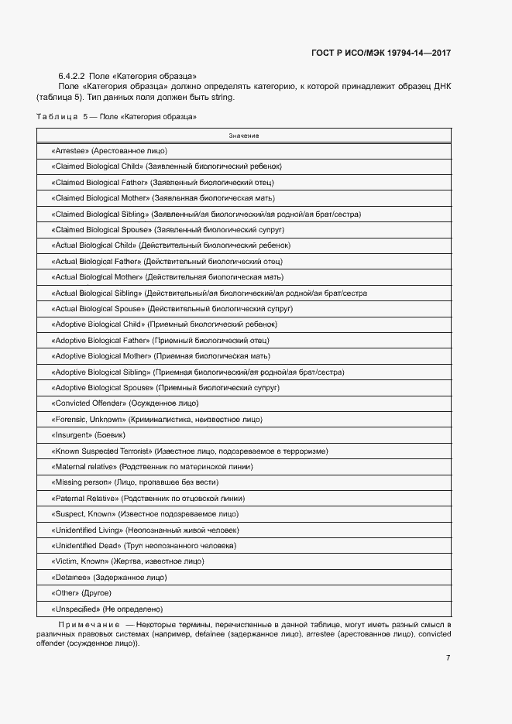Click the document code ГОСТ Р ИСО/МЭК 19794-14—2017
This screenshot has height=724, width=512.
tap(381, 53)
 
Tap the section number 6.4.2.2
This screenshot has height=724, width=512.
tap(71, 75)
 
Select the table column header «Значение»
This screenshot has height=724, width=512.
tap(243, 136)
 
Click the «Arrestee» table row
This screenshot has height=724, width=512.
tap(109, 150)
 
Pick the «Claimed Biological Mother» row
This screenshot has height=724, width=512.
tap(163, 198)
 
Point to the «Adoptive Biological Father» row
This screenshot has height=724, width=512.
tap(160, 340)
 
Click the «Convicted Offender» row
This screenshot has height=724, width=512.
tap(125, 403)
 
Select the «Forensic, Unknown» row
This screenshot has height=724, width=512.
tap(156, 419)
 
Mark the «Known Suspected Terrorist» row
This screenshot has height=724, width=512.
tap(189, 451)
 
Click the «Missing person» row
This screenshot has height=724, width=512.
tap(129, 482)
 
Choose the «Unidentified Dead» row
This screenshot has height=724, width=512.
tap(143, 545)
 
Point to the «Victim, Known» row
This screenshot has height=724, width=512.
tap(128, 561)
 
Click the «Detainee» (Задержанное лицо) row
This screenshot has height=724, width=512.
tap(109, 577)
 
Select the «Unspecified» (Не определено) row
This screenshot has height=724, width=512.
tap(107, 609)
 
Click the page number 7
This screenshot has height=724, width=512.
tap(448, 658)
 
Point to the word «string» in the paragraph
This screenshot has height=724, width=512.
tap(221, 98)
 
